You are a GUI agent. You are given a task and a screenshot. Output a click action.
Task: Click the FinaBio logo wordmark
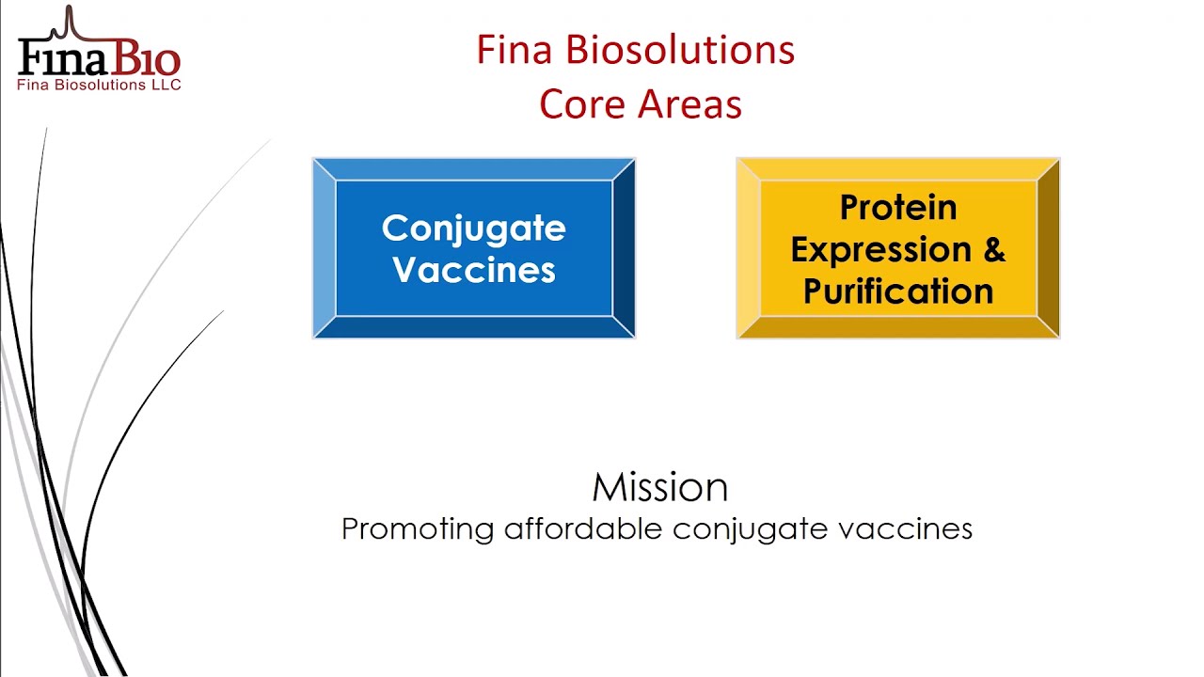coord(99,54)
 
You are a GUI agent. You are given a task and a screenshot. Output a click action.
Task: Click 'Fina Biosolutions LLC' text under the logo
coord(99,85)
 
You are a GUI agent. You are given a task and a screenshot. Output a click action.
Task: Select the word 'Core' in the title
coord(583,103)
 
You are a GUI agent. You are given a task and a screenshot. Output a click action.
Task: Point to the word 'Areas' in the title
coord(689,103)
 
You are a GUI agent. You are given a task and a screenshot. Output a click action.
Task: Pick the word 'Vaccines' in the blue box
coord(473,269)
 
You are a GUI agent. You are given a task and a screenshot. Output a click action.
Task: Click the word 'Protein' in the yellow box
coord(898,207)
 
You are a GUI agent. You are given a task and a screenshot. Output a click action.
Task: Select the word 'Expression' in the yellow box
coord(881,250)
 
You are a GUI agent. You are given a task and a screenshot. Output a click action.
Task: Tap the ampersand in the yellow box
coord(994,249)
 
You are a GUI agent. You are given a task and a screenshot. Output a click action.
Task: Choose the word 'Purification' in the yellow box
coord(898,291)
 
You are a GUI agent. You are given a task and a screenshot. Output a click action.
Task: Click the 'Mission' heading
coord(660,487)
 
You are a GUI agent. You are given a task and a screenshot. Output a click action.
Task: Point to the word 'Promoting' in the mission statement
coord(417,529)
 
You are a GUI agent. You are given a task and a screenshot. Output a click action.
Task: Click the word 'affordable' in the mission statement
coord(583,528)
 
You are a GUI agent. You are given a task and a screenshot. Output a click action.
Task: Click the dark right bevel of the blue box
coord(624,248)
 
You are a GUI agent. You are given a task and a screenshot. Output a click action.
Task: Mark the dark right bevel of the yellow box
coord(1048,248)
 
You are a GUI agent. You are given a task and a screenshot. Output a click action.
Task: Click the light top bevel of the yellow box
coord(898,170)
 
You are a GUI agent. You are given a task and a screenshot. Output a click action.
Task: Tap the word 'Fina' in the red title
coord(515,50)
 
